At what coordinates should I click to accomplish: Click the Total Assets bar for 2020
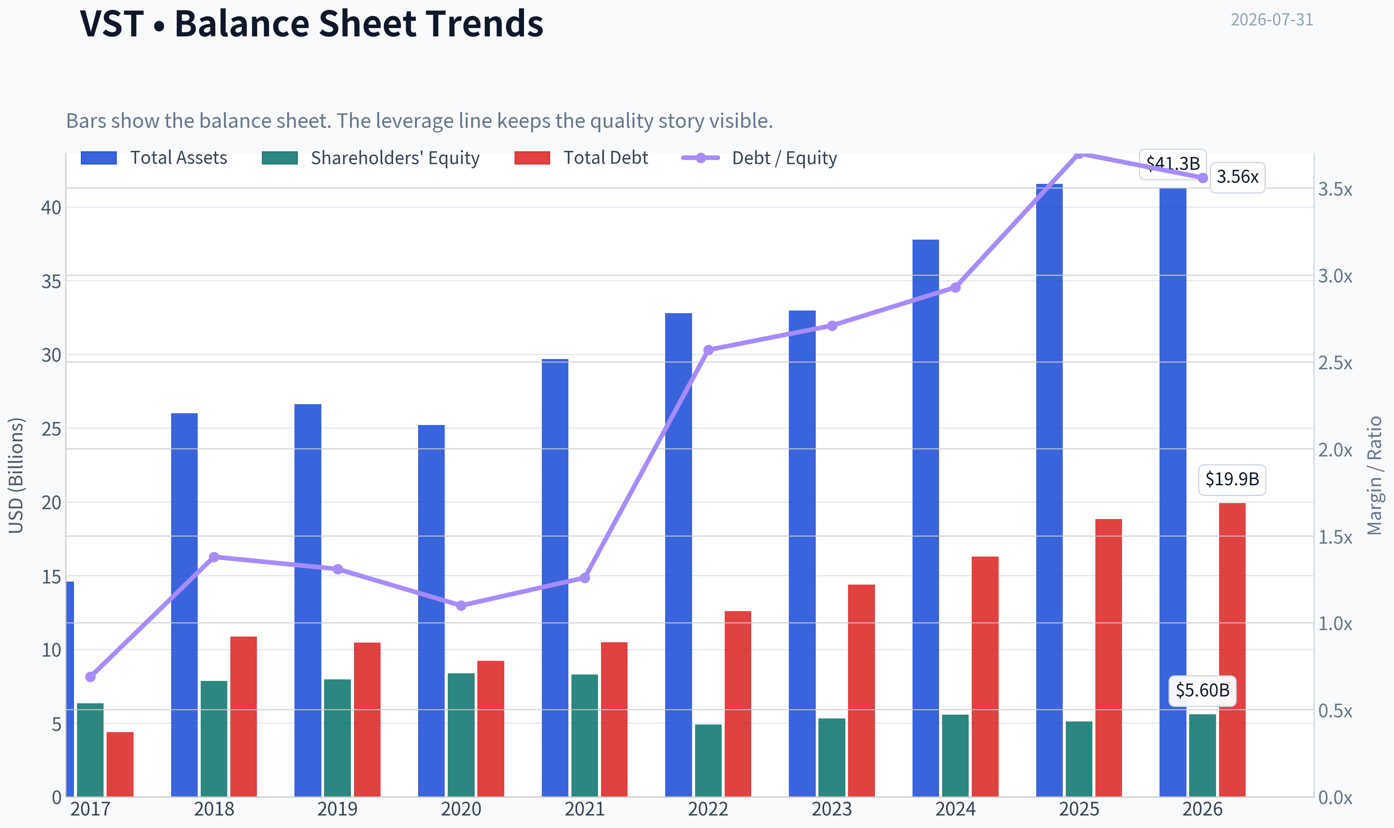click(431, 610)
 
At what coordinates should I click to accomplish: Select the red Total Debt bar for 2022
click(738, 704)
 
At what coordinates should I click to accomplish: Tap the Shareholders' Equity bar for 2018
click(214, 738)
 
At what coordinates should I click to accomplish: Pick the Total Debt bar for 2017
click(120, 764)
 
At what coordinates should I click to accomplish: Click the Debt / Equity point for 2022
click(708, 350)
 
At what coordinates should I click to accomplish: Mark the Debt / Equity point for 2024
click(956, 287)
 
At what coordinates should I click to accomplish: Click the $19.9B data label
click(1232, 479)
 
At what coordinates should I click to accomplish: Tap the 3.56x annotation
click(1237, 177)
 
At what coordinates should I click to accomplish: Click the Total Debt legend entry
click(581, 158)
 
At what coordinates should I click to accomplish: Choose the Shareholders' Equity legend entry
click(371, 158)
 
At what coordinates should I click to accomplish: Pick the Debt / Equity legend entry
click(759, 158)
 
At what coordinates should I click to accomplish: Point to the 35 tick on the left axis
click(51, 282)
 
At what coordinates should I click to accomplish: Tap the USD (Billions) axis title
click(16, 475)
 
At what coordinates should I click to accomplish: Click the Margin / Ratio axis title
click(1375, 475)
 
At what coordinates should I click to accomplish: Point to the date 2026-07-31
click(1272, 20)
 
